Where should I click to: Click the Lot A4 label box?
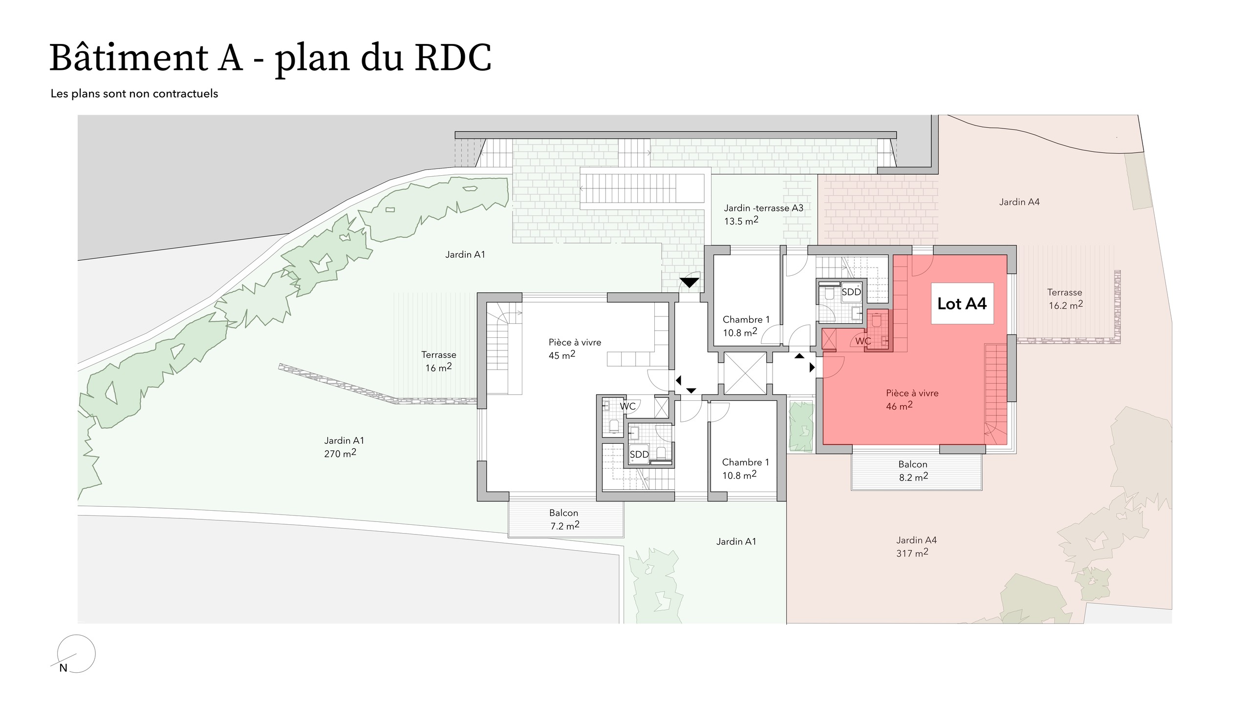(962, 304)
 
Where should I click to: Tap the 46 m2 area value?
(899, 406)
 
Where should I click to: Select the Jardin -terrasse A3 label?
(763, 208)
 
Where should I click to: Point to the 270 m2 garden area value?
(340, 454)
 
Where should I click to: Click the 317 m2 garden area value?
(912, 553)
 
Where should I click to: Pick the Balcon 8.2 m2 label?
(913, 471)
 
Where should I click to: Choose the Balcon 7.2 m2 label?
(564, 519)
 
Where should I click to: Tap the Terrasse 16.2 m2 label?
(1065, 299)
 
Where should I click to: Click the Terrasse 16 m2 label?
(439, 361)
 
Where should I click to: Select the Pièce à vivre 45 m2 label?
(575, 349)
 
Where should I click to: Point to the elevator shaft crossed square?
(745, 373)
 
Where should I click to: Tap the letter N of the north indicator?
(63, 668)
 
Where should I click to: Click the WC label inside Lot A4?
(863, 341)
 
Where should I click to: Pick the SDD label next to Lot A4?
(851, 292)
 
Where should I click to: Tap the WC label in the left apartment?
(627, 406)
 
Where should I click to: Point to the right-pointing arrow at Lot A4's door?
(812, 367)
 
